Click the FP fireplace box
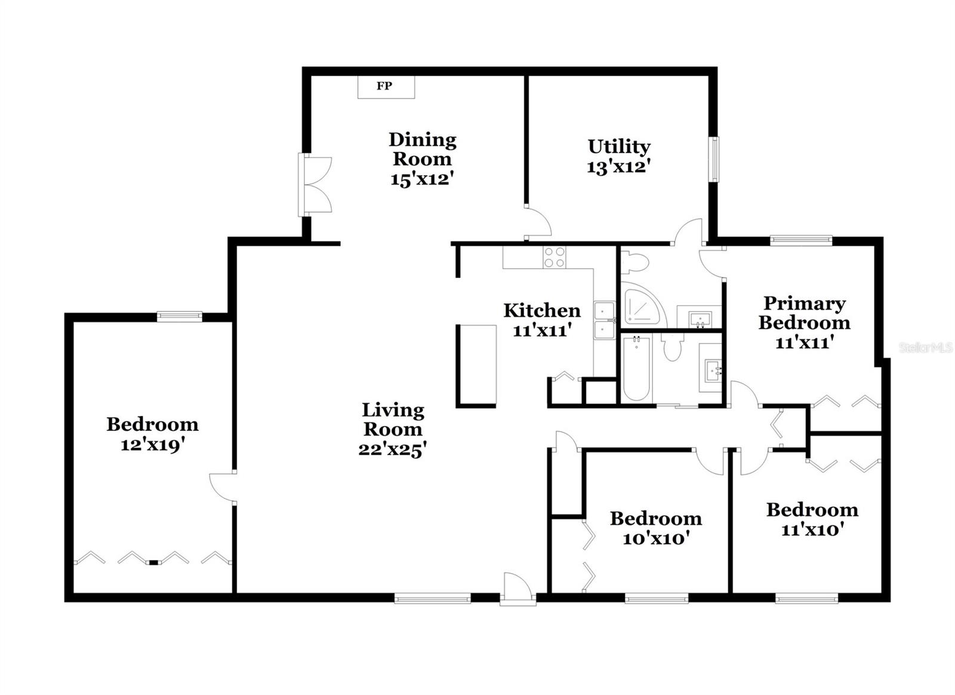pos(386,87)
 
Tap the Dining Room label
pos(422,149)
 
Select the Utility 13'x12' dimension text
pos(618,167)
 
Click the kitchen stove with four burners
pos(554,258)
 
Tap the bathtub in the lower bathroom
pos(636,368)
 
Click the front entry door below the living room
pos(517,590)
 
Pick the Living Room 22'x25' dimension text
pos(392,449)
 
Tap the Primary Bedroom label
pos(804,313)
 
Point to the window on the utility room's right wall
pos(714,159)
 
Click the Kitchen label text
pos(541,310)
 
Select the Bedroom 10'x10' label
pos(655,518)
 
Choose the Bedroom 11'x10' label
pos(812,510)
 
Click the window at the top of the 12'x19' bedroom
pos(179,317)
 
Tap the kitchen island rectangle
pos(476,366)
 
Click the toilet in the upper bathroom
pos(633,262)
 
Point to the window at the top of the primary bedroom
pos(800,240)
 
